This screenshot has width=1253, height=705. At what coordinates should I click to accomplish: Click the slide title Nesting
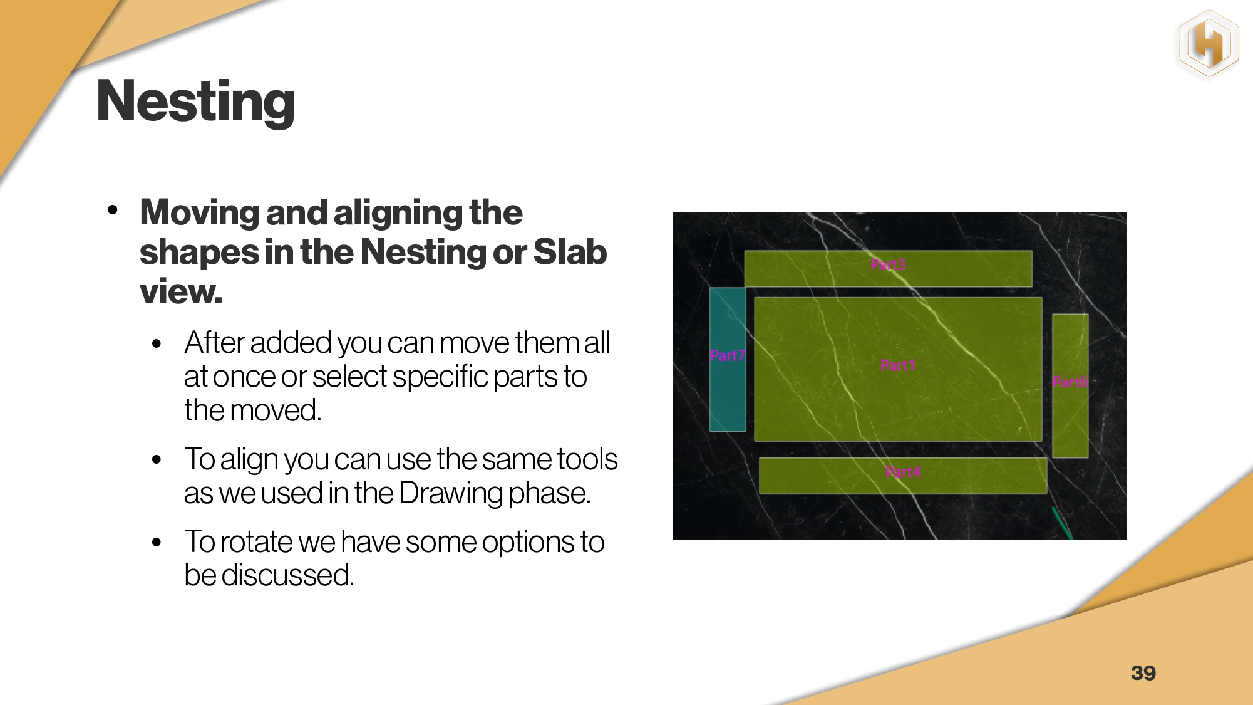[195, 102]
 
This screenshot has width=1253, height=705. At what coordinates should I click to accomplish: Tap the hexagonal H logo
[1209, 44]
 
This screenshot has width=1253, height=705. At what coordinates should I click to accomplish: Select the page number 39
[1143, 673]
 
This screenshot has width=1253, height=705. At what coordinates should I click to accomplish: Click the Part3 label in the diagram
[888, 264]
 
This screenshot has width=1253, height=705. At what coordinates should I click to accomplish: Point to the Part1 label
[897, 365]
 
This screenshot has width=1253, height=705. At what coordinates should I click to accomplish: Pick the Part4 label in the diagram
[903, 472]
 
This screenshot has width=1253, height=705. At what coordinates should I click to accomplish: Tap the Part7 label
[727, 355]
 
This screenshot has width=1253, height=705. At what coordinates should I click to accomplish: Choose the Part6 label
[1070, 382]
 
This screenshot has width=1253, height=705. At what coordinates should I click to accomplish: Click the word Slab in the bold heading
[570, 252]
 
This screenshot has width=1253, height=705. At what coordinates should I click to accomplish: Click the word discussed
[287, 575]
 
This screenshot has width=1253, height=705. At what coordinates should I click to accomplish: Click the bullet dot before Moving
[113, 210]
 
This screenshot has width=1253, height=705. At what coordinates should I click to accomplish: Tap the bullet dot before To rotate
[157, 542]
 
